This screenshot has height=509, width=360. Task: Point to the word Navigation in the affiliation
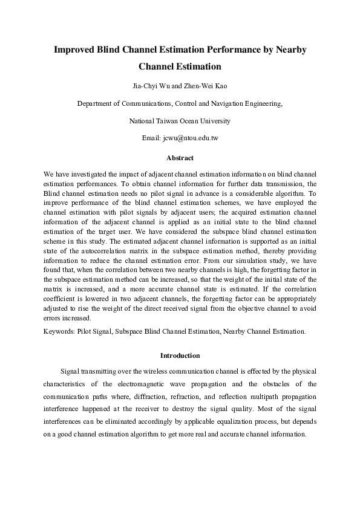click(233, 103)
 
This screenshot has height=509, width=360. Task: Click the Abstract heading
click(180, 158)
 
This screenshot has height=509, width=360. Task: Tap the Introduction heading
click(180, 355)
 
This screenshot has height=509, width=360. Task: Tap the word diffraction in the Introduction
click(145, 397)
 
